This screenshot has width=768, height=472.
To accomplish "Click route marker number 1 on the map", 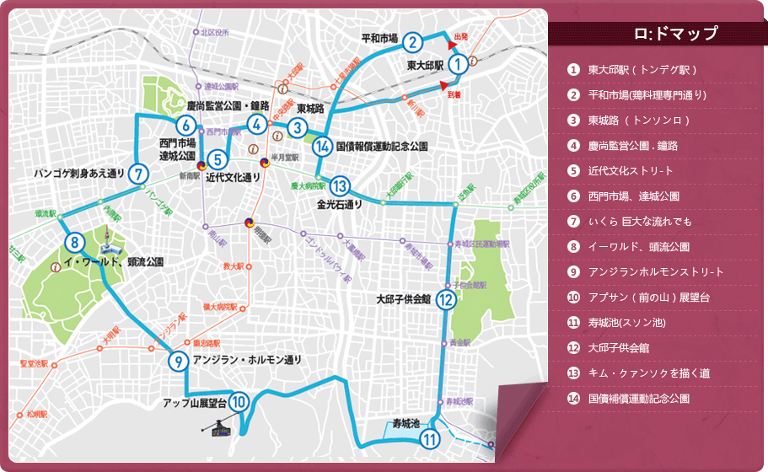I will (457, 63).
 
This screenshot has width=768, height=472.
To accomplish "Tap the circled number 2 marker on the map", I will (412, 42).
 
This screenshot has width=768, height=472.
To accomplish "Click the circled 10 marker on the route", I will (239, 403).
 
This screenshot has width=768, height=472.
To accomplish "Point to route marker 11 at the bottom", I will (431, 438).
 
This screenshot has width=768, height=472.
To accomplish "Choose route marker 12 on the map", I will (447, 299).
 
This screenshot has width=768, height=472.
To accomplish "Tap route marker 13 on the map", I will (340, 186).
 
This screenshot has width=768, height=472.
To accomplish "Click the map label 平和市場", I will (379, 38).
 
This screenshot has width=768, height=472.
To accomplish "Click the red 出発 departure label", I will (461, 36).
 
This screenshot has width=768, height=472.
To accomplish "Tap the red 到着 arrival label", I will (454, 96).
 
